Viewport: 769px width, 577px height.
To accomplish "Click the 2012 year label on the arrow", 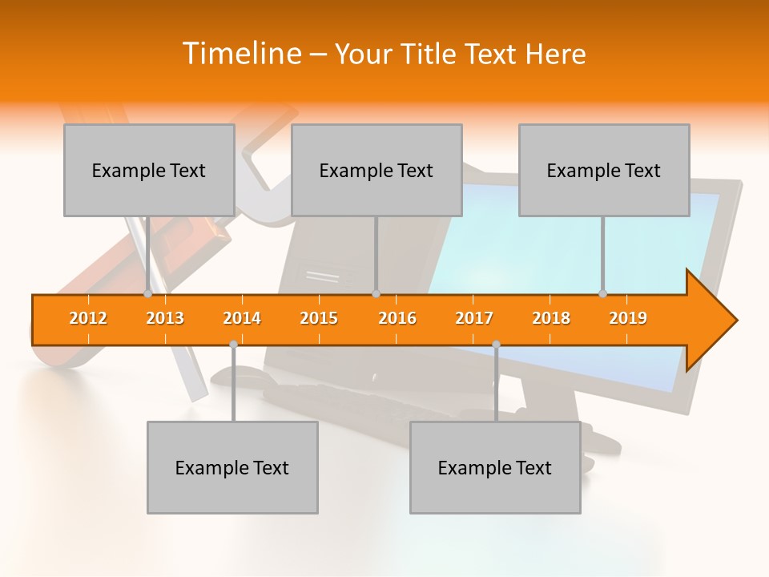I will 88,318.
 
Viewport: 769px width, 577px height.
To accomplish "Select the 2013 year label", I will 165,318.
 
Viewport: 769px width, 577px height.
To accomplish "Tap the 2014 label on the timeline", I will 242,318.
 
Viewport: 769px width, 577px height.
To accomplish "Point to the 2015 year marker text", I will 319,318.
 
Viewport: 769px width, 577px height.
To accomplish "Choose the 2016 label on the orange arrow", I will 397,318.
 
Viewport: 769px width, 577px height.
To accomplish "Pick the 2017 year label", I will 474,318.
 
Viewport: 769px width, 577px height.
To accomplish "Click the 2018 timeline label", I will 551,318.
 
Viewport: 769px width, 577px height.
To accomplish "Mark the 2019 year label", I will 628,318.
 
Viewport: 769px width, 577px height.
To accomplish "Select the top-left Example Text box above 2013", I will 149,171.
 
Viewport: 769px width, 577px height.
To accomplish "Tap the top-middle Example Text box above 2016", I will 376,171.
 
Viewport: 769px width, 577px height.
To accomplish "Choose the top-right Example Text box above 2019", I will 604,171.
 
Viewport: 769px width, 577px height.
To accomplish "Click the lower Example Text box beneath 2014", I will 232,468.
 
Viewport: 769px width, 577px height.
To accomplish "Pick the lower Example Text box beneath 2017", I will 495,468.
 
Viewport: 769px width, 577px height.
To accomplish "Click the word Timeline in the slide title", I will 240,54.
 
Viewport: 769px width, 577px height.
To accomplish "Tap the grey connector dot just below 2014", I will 233,344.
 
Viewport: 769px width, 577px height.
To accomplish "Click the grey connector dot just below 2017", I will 496,344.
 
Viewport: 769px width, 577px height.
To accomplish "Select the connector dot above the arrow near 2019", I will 602,293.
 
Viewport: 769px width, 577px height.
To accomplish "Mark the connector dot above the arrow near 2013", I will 147,293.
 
